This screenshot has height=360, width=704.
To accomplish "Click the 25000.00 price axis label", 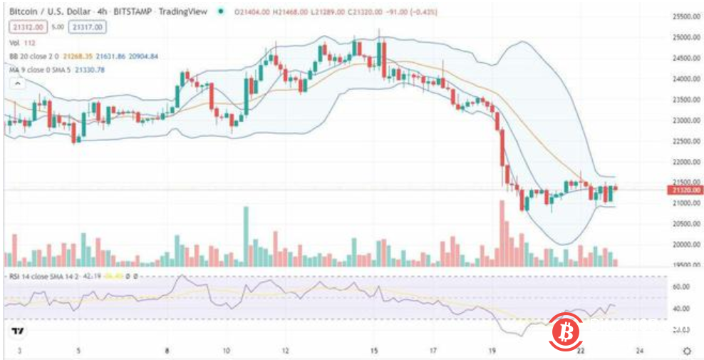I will click(x=686, y=37).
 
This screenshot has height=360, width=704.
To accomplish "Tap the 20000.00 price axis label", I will click(x=686, y=245).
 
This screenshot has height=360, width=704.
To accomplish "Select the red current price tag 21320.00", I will click(x=685, y=190).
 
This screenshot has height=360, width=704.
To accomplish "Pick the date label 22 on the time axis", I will click(x=581, y=351).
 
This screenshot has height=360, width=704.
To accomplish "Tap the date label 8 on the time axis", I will click(x=167, y=351).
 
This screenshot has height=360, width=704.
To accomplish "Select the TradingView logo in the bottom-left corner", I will click(x=19, y=331).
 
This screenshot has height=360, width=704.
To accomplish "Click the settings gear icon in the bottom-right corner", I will click(x=687, y=351).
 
